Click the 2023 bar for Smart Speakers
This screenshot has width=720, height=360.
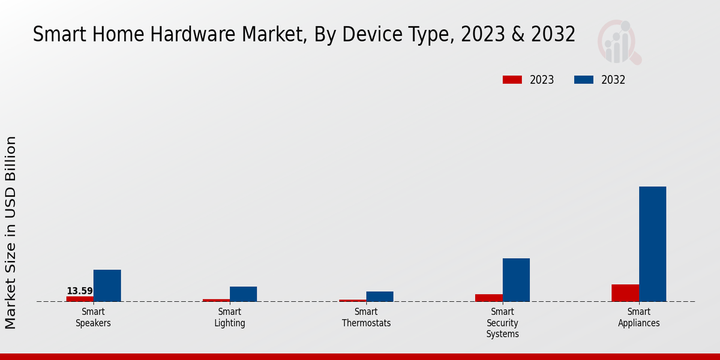coord(80,299)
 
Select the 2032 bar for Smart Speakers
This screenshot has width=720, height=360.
coord(107,286)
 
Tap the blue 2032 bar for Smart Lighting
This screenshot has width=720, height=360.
coord(243,294)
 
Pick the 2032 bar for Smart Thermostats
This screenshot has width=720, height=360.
coord(380,296)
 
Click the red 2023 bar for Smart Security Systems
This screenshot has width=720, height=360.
coord(489,298)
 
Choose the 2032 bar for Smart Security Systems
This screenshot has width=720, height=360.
coord(516,280)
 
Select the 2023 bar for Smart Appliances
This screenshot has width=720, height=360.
coord(625,293)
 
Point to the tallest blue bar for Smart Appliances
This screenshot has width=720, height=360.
coord(652,244)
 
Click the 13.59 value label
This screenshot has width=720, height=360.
coord(80,291)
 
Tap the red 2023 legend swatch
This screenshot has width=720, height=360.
coord(512,80)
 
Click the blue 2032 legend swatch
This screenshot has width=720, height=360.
coord(584,80)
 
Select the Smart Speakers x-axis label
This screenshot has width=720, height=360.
coord(93,317)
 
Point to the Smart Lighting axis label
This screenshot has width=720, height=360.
coord(230,317)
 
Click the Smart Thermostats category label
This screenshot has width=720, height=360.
coord(366,317)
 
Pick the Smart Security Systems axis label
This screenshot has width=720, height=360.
coord(503,323)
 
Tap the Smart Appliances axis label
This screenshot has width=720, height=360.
coord(639,317)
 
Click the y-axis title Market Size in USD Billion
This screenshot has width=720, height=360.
coord(11,233)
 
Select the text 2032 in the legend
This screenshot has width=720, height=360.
coord(613,80)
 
